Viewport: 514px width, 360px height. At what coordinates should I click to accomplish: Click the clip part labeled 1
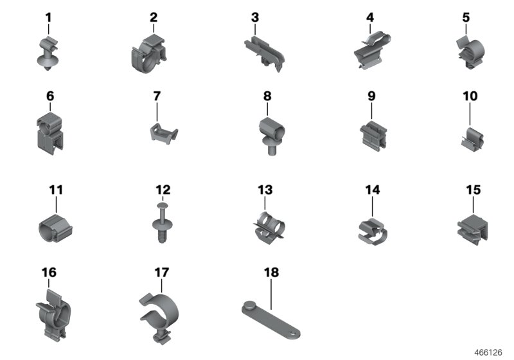(48, 55)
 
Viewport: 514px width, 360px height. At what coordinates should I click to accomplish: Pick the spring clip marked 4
(371, 53)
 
